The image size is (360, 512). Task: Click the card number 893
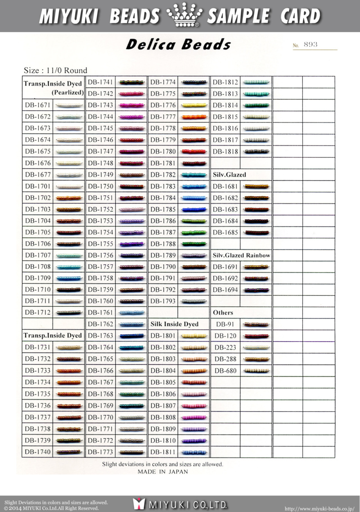310,45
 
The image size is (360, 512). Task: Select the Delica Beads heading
178,45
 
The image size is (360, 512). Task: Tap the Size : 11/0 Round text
55,70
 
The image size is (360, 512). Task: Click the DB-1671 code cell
38,105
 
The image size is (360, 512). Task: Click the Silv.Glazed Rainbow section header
241,255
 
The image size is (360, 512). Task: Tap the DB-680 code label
225,371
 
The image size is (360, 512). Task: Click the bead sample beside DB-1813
257,94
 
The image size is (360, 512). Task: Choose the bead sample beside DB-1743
132,105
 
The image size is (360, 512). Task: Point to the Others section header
223,313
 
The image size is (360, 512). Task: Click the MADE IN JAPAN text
162,471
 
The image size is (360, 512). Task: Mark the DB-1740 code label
38,452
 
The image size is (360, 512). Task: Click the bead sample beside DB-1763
132,336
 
